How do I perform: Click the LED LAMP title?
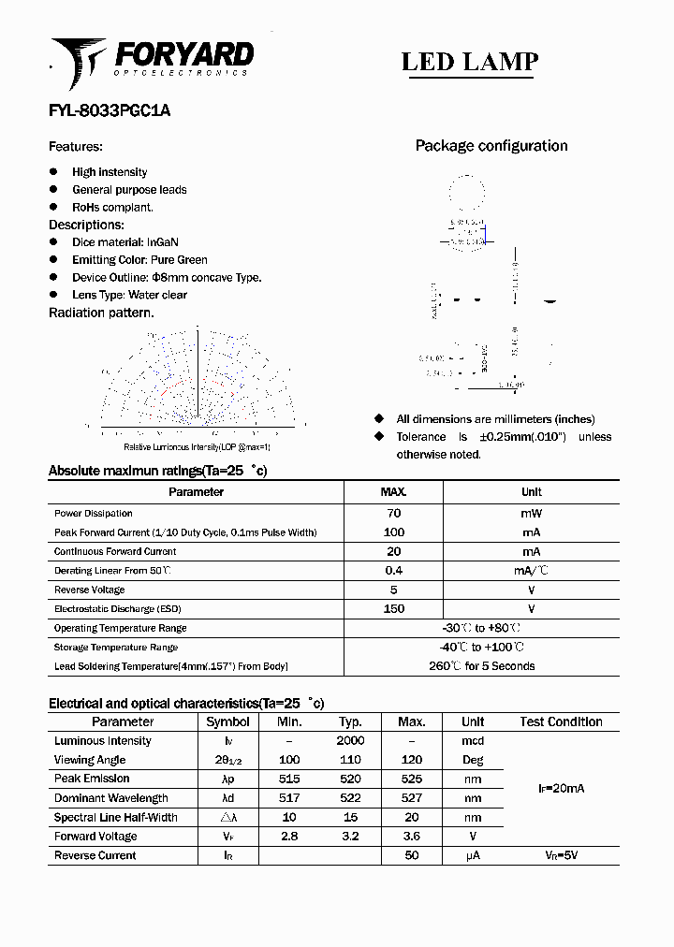tap(469, 62)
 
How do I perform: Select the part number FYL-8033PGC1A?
tap(110, 110)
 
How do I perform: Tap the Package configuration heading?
tap(491, 146)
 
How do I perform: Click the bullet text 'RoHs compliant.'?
tap(112, 207)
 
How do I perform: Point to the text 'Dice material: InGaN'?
tap(126, 242)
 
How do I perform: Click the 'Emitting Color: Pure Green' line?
tap(139, 260)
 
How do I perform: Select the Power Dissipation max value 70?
tap(393, 513)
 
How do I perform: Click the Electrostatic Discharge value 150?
tap(393, 609)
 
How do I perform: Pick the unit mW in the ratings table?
tap(531, 513)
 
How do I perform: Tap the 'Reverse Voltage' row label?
tap(90, 590)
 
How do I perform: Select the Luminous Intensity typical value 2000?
tap(350, 740)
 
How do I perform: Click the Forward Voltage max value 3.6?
tap(411, 837)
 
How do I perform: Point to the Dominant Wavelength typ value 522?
tap(350, 798)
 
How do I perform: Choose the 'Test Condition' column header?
tap(561, 721)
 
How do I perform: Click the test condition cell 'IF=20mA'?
tap(561, 789)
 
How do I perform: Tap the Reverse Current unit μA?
tap(472, 855)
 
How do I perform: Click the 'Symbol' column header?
tap(227, 721)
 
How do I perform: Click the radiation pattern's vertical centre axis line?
tap(198, 374)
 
